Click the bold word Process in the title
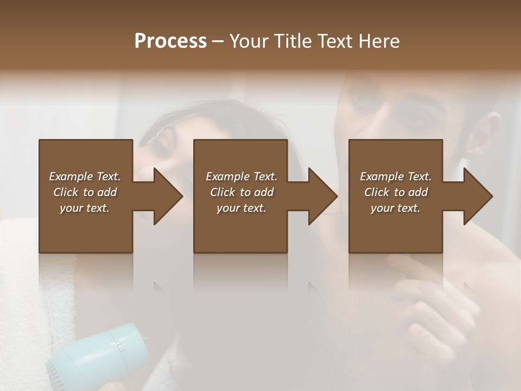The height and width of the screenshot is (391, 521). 170,41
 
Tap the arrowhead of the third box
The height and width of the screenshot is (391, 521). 477,196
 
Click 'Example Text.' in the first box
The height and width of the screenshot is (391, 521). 85,176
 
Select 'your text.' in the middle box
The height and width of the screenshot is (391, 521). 242,208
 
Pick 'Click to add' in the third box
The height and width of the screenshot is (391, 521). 396,192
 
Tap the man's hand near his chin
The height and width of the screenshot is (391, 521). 434,304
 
